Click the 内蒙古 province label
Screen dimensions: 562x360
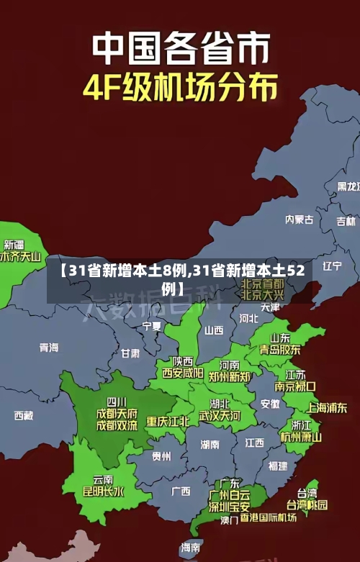299,199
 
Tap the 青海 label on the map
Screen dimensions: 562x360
49,348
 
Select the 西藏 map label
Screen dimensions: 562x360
23,415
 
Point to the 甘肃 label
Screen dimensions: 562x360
130,353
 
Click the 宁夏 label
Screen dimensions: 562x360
152,326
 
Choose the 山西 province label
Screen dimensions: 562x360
214,330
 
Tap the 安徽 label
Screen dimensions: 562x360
270,404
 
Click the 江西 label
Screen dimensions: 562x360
254,442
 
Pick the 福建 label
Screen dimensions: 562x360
277,466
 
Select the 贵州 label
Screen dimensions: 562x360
161,456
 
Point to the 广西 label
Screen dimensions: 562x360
181,491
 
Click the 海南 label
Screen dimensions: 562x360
190,548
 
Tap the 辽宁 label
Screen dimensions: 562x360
332,266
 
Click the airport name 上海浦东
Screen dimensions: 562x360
328,407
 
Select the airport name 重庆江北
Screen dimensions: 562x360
168,421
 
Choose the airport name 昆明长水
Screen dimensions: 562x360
103,492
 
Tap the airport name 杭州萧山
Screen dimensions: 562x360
301,437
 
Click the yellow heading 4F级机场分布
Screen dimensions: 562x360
180,89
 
